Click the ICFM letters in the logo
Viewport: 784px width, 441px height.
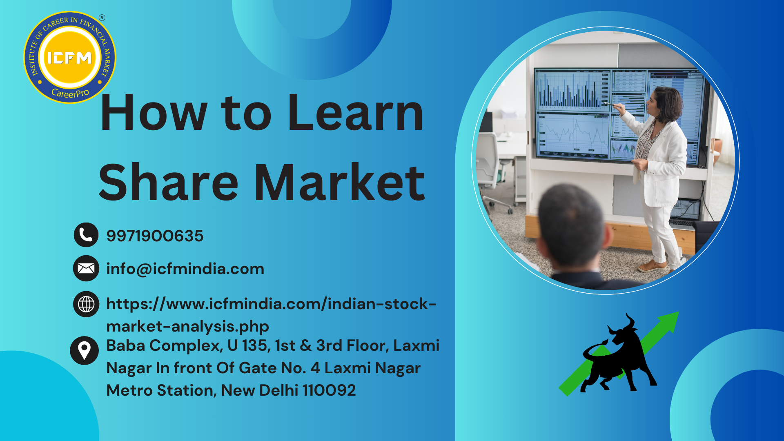point(69,58)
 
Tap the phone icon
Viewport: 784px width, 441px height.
point(86,235)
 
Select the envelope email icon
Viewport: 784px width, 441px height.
point(86,268)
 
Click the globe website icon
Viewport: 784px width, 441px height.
point(86,304)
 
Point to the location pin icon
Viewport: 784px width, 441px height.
point(84,350)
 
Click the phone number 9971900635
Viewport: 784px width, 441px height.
point(155,236)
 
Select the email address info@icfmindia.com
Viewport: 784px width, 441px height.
point(185,269)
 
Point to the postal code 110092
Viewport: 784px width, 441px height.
point(329,390)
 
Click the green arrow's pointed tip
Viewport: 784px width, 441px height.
point(679,312)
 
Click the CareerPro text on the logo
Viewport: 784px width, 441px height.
point(70,93)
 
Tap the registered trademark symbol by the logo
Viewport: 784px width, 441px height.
point(102,18)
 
